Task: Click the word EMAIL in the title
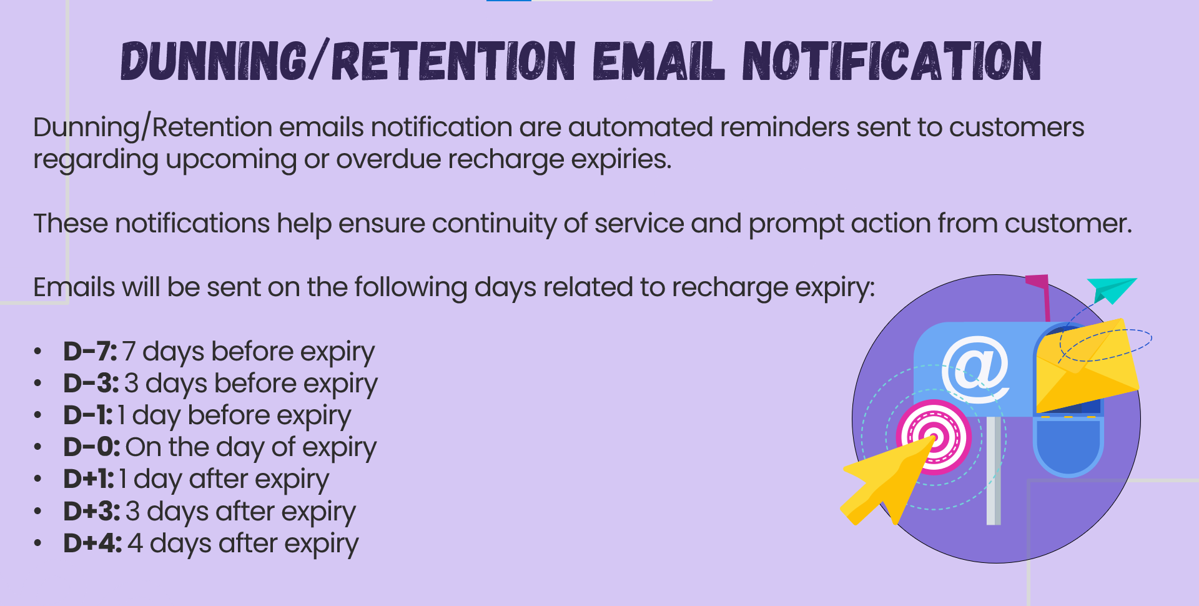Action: click(x=659, y=61)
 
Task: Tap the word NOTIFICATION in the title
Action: click(x=892, y=61)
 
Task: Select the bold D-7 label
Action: click(x=90, y=351)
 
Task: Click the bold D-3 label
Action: click(x=91, y=383)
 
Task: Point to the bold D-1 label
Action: click(x=88, y=415)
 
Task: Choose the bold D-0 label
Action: click(x=92, y=447)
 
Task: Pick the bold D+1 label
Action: click(x=89, y=479)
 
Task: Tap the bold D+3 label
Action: click(x=92, y=511)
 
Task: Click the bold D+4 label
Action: click(x=92, y=543)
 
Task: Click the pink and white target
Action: click(x=934, y=437)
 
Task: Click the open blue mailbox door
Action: click(x=1068, y=446)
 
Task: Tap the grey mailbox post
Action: click(x=994, y=471)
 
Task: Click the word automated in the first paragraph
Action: click(x=640, y=127)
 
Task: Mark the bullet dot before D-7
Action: click(x=38, y=352)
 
